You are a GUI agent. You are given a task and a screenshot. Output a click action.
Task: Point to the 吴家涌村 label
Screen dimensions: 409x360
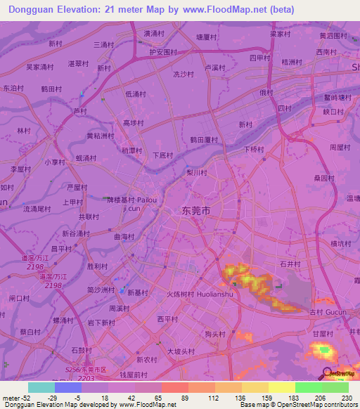(x=40, y=67)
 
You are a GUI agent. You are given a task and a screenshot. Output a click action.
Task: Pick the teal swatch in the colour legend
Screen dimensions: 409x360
(x=41, y=387)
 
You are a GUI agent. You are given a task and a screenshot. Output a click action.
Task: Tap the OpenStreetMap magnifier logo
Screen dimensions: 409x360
(x=326, y=373)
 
